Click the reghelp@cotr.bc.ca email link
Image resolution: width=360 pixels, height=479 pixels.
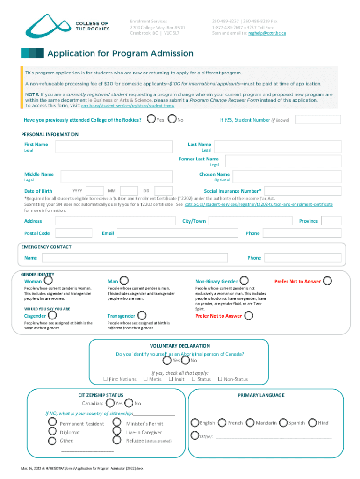pos(267,33)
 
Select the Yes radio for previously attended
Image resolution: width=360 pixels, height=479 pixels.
pos(151,120)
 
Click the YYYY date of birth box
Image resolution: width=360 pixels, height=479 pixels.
pos(95,191)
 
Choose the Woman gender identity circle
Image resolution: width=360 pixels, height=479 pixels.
pos(48,281)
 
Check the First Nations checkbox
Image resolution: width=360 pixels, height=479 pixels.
pos(105,379)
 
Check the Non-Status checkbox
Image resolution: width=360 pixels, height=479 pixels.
pos(220,379)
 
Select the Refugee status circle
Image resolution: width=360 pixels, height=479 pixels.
pos(117,441)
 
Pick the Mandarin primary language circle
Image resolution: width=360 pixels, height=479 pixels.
pos(250,422)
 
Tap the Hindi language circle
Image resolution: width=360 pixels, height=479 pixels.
pos(312,422)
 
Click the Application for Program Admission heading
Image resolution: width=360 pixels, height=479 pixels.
pos(120,53)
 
